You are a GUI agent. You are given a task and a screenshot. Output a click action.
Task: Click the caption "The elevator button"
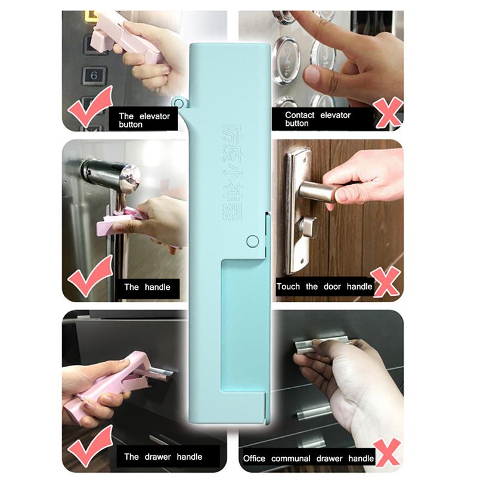[144, 120]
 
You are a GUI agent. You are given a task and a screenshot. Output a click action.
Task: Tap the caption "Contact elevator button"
[317, 119]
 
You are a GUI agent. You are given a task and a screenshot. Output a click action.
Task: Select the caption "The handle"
[147, 287]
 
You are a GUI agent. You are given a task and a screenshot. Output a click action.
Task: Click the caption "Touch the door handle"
[324, 286]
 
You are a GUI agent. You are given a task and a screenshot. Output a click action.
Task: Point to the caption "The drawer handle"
[163, 457]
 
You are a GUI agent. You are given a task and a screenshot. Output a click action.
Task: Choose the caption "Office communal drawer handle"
[308, 458]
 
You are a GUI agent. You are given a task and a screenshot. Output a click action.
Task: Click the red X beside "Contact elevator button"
[387, 113]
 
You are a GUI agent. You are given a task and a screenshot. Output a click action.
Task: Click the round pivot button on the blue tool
[252, 241]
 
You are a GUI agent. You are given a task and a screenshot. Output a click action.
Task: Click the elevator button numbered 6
[93, 76]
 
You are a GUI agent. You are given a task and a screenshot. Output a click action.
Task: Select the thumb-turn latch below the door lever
[309, 228]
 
